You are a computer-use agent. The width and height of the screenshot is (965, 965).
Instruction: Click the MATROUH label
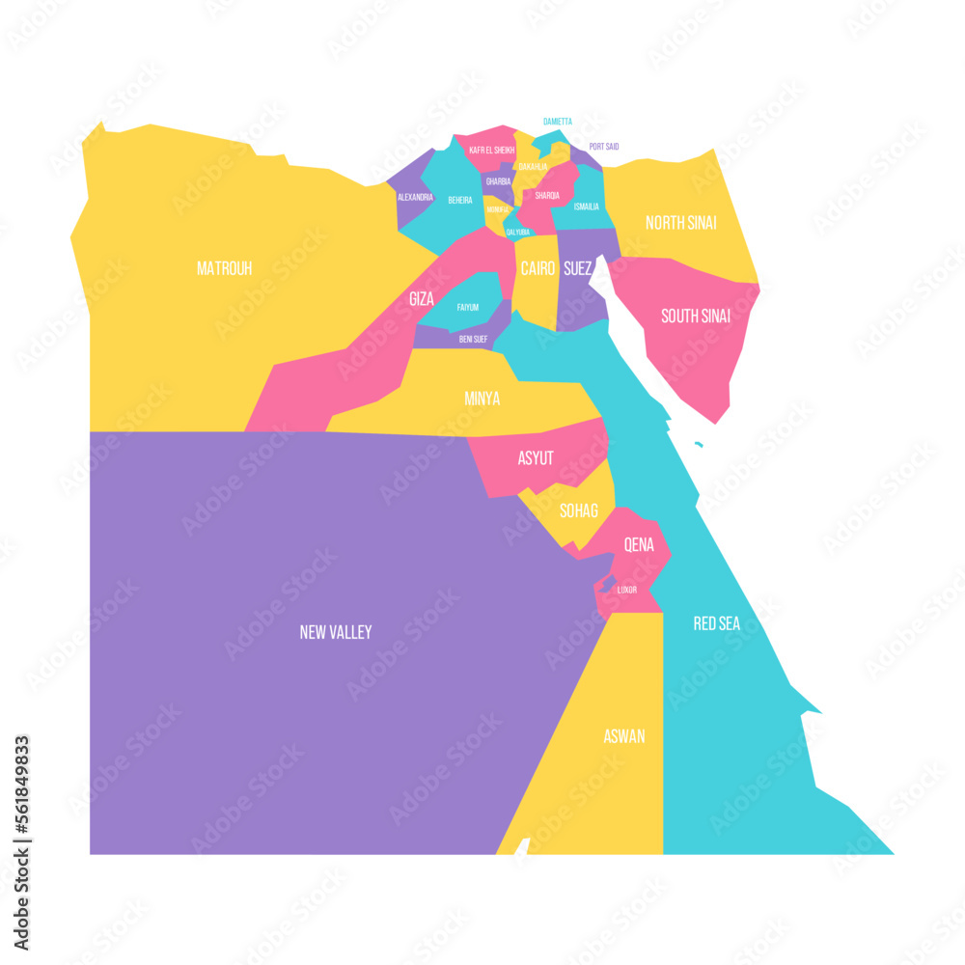(224, 268)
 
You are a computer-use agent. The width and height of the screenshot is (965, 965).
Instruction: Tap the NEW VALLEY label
(335, 632)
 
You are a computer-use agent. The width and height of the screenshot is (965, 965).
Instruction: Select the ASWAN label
(624, 736)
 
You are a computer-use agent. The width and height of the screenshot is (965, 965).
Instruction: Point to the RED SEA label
(717, 623)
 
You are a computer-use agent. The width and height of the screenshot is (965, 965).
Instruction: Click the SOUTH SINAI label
(695, 316)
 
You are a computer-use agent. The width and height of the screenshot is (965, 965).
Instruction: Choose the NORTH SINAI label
(680, 223)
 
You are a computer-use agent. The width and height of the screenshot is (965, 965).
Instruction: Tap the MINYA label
(482, 398)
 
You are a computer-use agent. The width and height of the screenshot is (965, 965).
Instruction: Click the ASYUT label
(536, 458)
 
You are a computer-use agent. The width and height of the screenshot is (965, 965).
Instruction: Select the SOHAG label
(579, 510)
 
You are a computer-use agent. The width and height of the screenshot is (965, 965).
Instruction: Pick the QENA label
(639, 544)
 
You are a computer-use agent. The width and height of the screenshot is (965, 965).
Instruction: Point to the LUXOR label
(627, 589)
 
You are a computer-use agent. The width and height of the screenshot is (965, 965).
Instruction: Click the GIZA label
(421, 299)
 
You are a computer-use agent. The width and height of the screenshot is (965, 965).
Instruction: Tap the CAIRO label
(538, 269)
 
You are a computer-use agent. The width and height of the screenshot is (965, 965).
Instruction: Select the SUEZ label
(578, 269)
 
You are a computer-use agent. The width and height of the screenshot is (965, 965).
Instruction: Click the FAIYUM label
(468, 307)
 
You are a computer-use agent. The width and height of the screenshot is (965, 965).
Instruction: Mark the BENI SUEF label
(473, 339)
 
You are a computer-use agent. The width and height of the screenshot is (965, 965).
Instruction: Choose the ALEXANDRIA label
(415, 197)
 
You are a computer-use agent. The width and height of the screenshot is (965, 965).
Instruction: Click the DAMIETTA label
(557, 122)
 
